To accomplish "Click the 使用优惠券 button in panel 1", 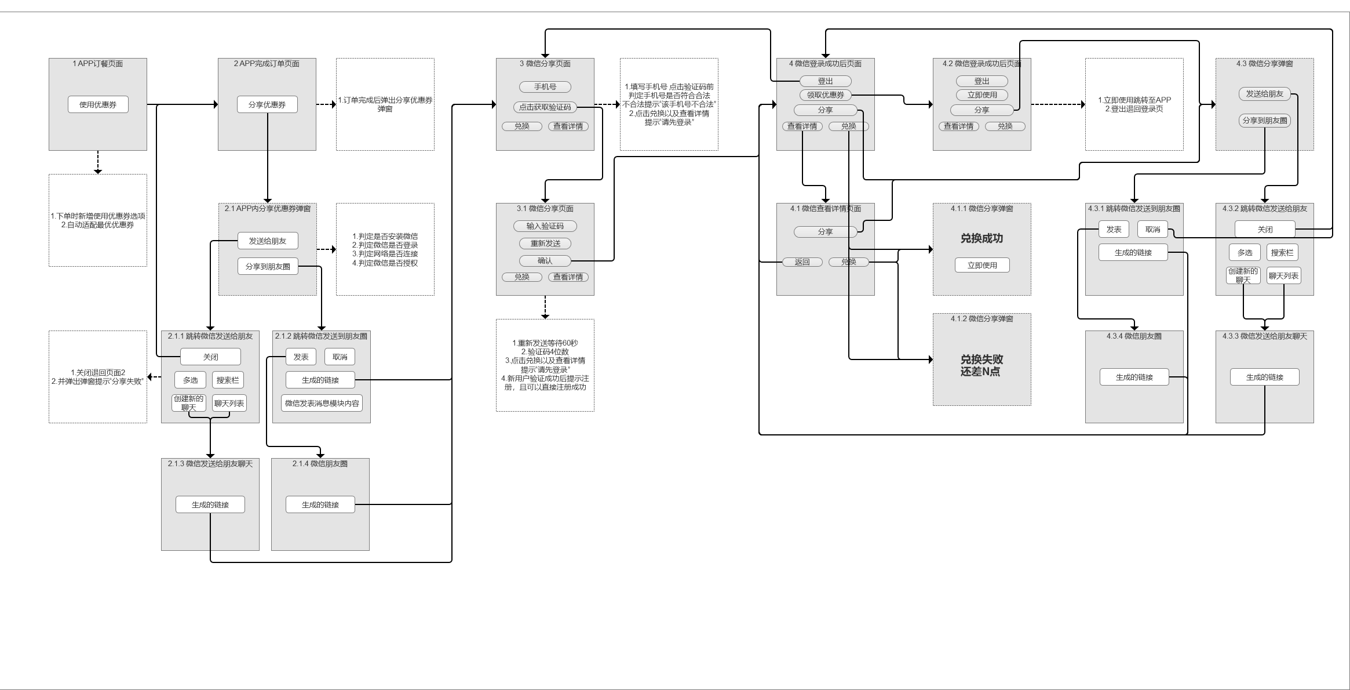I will [x=98, y=105].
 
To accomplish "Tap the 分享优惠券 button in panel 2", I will [x=267, y=105].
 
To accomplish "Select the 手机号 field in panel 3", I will [x=545, y=87].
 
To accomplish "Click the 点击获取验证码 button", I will [x=545, y=107].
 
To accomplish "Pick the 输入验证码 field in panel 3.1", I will [x=545, y=226].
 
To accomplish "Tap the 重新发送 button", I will [x=545, y=244].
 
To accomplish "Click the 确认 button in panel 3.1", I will [x=545, y=261].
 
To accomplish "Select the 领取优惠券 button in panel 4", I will [x=825, y=95].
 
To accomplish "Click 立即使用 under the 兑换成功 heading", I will [x=982, y=266].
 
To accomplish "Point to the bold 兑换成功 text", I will [x=982, y=238].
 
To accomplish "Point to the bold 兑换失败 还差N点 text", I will [x=982, y=365].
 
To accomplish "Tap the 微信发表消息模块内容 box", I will [x=322, y=404].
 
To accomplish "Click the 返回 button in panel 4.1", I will [x=802, y=262].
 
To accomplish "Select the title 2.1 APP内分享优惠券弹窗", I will [x=267, y=209].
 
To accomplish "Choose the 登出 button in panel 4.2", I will [x=982, y=81].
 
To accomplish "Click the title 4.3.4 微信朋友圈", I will [x=1134, y=336].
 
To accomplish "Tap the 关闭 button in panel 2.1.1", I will [x=210, y=357].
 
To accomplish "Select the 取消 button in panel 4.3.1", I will [x=1152, y=230].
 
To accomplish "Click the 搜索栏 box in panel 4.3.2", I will [x=1282, y=253].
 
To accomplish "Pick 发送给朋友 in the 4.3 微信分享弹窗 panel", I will [x=1264, y=94].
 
